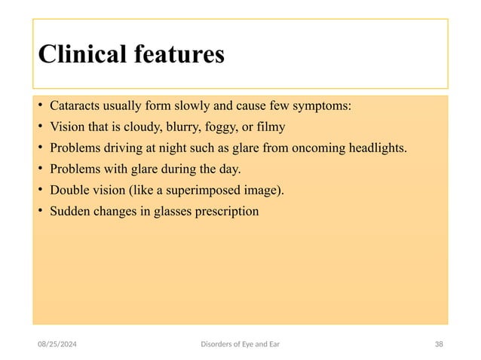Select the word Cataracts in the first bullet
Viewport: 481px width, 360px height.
(x=76, y=105)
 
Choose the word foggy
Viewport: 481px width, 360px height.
(x=234, y=126)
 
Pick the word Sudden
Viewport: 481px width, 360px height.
(x=70, y=211)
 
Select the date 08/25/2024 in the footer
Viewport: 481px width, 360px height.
(x=60, y=344)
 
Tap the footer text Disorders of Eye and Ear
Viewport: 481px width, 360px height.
(x=240, y=344)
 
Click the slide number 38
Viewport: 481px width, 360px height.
(x=439, y=344)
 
